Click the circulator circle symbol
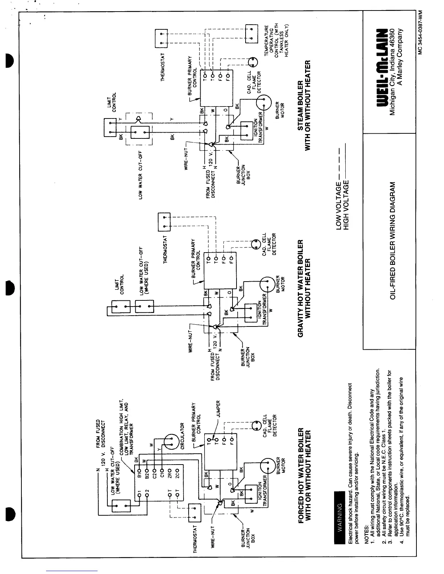click(x=169, y=441)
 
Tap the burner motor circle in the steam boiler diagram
click(x=263, y=103)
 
